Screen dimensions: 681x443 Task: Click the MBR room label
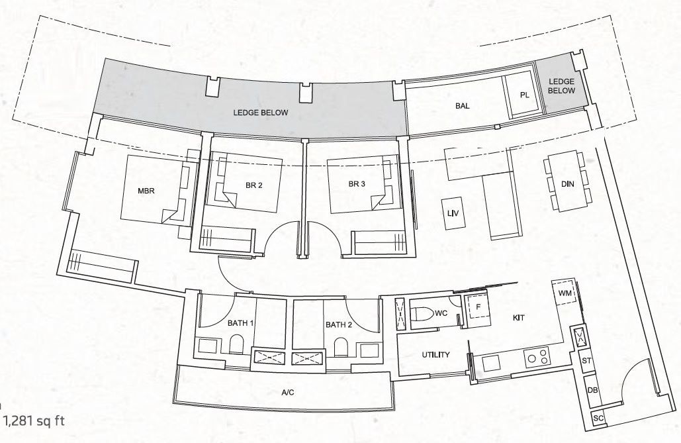point(146,191)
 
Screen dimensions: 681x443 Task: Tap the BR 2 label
point(254,185)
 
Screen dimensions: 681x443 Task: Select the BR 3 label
point(357,184)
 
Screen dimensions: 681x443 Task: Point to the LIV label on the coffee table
point(453,213)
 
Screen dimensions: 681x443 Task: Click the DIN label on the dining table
point(567,184)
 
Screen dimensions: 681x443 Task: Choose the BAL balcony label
point(463,106)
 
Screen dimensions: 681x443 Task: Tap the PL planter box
point(523,95)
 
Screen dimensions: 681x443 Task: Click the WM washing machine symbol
point(565,293)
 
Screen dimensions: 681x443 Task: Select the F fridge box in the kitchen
point(478,307)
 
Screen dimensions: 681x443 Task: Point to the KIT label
point(519,318)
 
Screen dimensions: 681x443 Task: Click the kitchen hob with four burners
point(537,357)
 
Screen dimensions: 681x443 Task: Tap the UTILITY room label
point(436,355)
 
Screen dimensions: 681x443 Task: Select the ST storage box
point(586,360)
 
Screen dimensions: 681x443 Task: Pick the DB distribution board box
point(592,391)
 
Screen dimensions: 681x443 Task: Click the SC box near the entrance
point(598,418)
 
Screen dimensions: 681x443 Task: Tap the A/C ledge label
point(287,393)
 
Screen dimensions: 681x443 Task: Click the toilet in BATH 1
point(236,344)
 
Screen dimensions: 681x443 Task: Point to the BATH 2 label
point(339,324)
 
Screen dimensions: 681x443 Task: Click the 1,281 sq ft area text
point(34,420)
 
